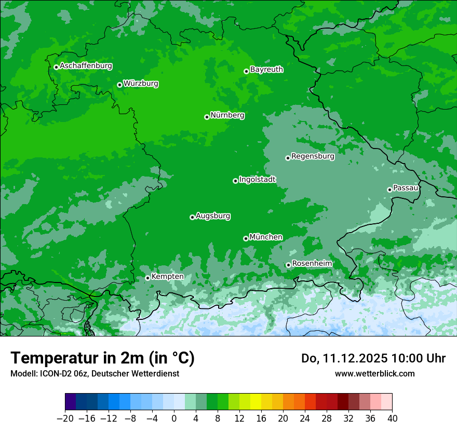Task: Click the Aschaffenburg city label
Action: coord(86,66)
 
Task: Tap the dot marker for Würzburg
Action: coord(119,85)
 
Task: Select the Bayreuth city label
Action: coord(266,70)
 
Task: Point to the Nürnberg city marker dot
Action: coord(207,117)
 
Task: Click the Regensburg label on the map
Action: coord(313,156)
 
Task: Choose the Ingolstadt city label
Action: coord(257,180)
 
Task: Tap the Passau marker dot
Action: coord(389,190)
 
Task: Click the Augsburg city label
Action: coord(213,216)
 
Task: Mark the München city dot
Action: coord(246,238)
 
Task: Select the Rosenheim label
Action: coord(312,264)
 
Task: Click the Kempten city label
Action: coord(167,277)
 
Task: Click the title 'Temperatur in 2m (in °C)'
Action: coord(102,358)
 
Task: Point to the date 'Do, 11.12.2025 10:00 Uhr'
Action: coord(373,358)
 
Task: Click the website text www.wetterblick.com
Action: coord(374,373)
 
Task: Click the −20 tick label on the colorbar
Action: coord(65,418)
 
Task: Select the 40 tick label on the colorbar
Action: coord(392,418)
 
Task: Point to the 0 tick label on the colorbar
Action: coord(174,418)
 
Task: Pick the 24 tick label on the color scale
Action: coord(305,418)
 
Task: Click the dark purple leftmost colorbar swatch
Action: coord(71,402)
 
